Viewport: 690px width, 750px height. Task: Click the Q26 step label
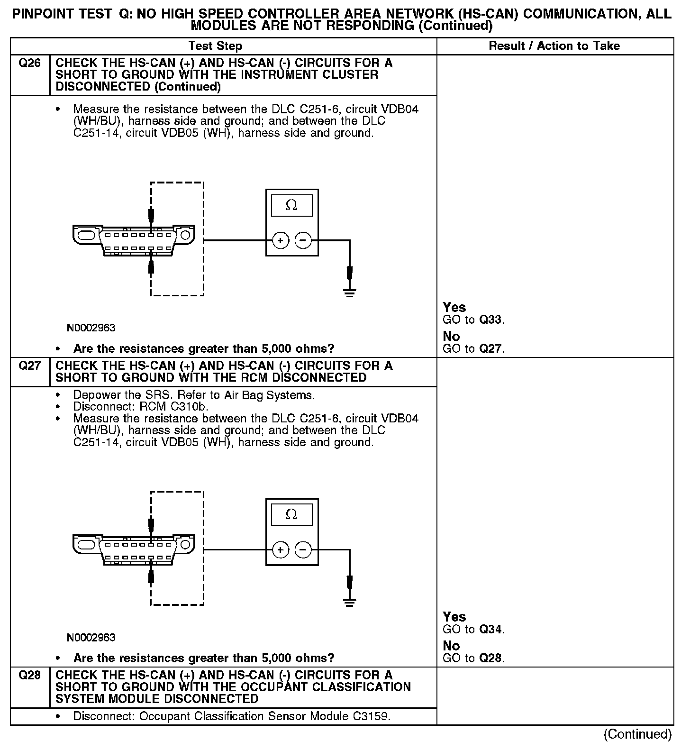29,63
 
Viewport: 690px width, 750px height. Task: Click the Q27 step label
29,366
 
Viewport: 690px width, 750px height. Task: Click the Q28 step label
29,676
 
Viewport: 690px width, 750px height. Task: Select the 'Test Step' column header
215,46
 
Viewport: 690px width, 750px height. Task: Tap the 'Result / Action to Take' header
554,46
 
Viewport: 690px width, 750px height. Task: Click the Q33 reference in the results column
490,320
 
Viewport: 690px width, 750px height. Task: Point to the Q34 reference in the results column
490,630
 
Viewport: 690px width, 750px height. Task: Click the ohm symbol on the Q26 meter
291,205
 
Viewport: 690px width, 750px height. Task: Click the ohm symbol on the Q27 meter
291,514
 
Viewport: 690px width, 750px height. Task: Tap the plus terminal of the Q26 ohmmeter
281,241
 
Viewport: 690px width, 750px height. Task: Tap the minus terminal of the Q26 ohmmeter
303,241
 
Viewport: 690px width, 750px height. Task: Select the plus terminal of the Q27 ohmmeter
281,550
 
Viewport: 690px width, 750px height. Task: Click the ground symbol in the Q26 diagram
350,293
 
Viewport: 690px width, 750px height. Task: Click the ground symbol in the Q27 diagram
350,602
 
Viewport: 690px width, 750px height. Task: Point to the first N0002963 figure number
91,328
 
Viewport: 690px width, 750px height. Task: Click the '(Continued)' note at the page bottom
637,734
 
